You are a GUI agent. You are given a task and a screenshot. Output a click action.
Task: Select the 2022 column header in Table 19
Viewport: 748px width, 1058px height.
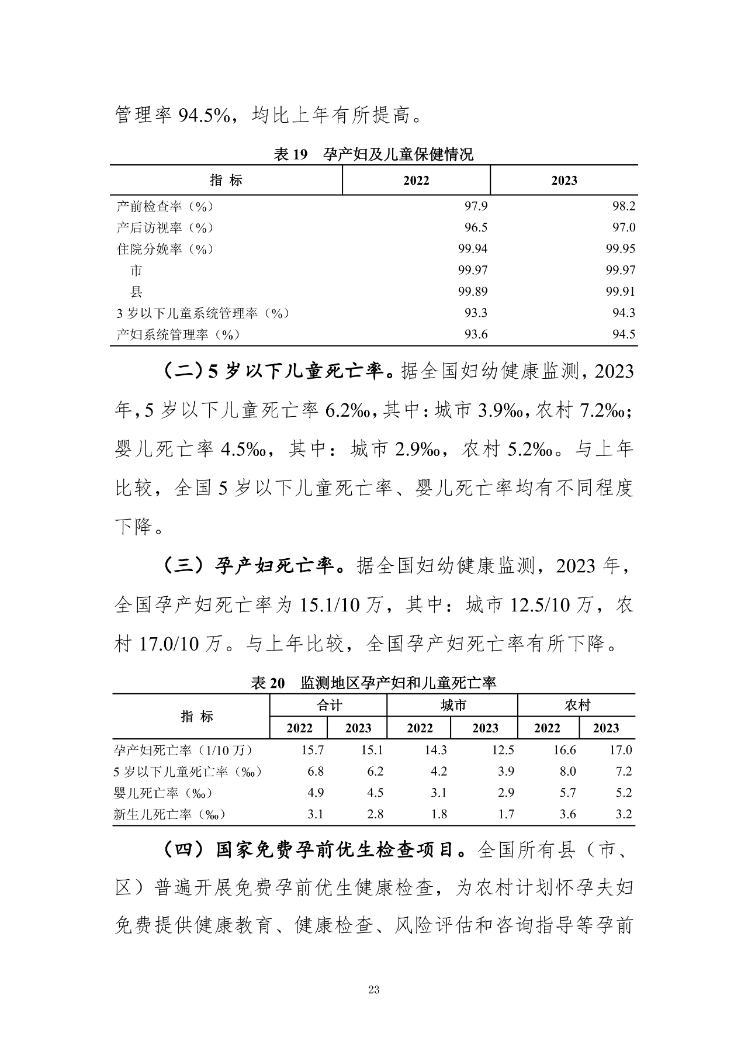416,181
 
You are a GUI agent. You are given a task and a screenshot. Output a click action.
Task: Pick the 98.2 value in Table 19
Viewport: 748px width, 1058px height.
624,206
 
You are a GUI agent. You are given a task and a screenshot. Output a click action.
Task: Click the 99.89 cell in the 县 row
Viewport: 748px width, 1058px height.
473,292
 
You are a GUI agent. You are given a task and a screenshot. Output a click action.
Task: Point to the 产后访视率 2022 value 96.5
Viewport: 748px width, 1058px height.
476,227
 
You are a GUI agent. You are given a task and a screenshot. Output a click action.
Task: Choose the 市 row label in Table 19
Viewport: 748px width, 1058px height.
136,271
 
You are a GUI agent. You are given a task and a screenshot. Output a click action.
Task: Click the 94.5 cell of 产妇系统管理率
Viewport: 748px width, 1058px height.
624,334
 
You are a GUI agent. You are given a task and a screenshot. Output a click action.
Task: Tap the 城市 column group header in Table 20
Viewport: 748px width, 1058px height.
453,706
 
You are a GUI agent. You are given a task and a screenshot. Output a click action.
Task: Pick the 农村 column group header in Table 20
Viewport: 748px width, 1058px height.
577,706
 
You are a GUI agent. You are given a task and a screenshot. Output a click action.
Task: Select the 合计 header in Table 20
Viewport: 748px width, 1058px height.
328,706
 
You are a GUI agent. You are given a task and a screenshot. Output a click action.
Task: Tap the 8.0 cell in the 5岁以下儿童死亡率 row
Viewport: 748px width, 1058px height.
567,772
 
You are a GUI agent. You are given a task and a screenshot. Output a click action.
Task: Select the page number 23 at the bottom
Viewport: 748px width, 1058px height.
374,990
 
